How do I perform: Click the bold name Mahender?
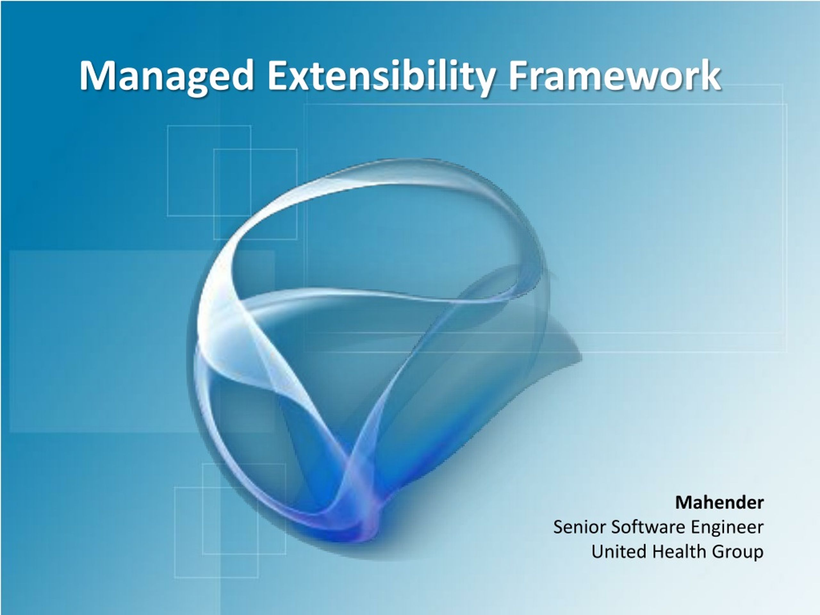(x=719, y=503)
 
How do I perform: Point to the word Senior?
(x=580, y=527)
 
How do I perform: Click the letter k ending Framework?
(x=710, y=75)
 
